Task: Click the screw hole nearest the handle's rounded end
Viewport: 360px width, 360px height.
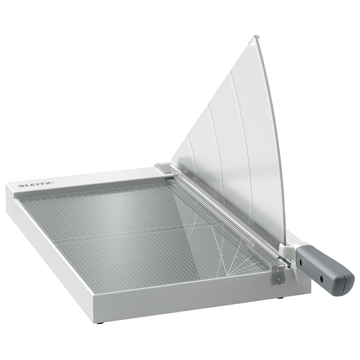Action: coord(321,278)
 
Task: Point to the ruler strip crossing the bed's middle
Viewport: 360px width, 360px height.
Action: coord(137,234)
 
